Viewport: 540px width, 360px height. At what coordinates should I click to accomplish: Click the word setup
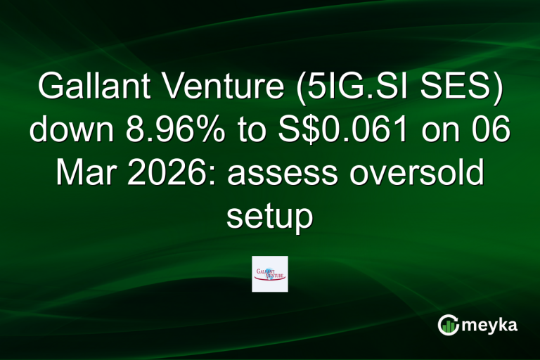(269, 217)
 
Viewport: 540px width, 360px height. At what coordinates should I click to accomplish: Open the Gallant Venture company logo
(270, 274)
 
